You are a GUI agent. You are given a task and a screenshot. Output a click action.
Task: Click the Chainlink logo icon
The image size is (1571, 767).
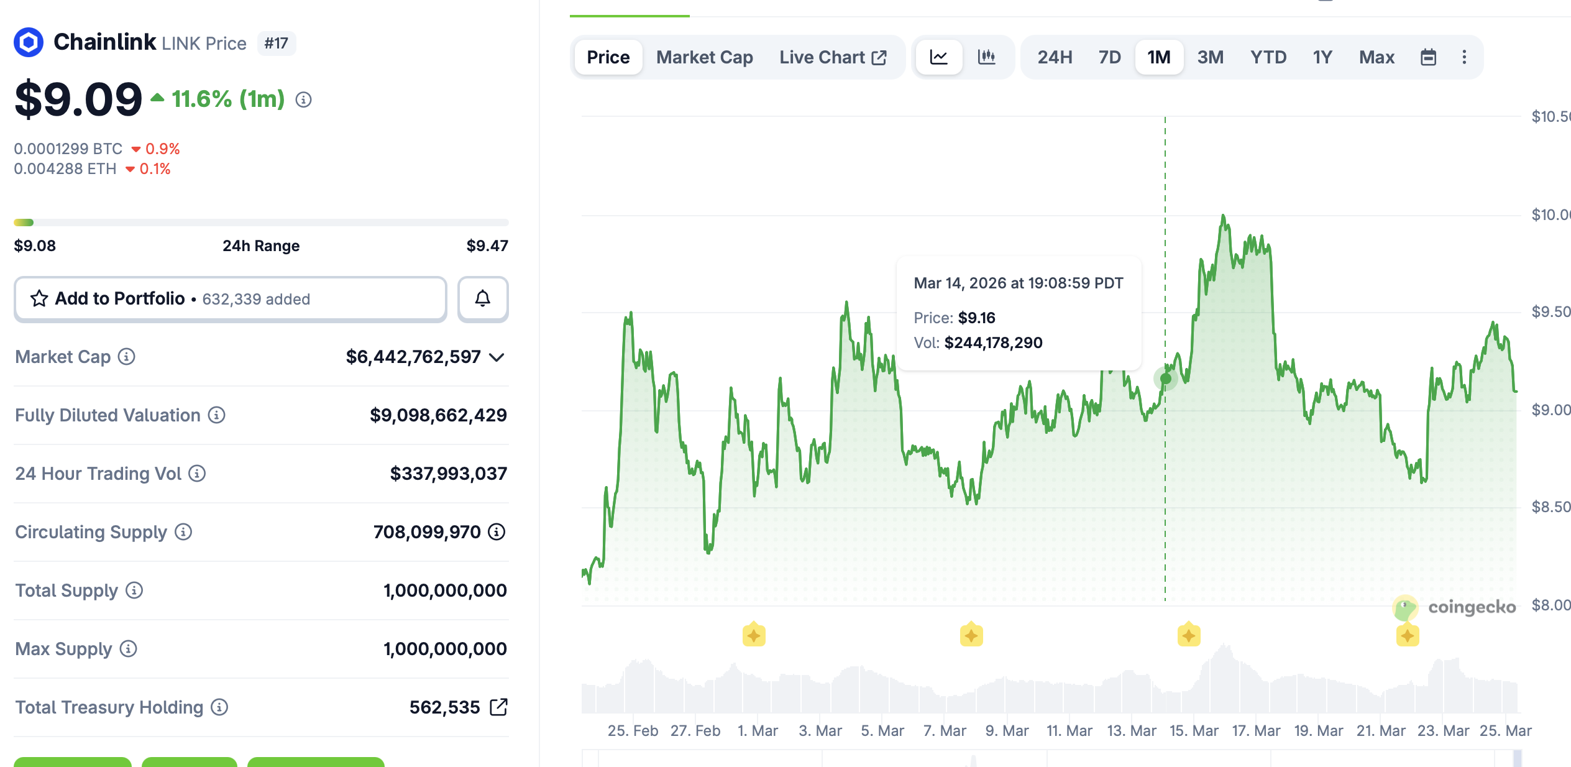pyautogui.click(x=29, y=43)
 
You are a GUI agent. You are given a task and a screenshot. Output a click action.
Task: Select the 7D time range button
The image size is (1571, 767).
pyautogui.click(x=1109, y=57)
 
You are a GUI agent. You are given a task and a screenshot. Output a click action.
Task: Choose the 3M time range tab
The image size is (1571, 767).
pyautogui.click(x=1210, y=57)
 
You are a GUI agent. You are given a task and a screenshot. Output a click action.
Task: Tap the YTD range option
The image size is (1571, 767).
pyautogui.click(x=1268, y=57)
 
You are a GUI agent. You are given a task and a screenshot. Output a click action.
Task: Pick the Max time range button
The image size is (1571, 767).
pyautogui.click(x=1376, y=57)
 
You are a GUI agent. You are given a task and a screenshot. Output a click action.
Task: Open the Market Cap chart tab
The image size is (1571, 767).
pyautogui.click(x=704, y=57)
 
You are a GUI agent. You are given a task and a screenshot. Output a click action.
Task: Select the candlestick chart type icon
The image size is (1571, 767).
pyautogui.click(x=986, y=57)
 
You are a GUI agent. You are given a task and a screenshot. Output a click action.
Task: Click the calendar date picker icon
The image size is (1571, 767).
pyautogui.click(x=1428, y=57)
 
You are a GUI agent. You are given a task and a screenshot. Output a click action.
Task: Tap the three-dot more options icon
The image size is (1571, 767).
pyautogui.click(x=1464, y=57)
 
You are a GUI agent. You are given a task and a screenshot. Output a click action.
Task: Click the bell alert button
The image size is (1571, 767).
pyautogui.click(x=483, y=299)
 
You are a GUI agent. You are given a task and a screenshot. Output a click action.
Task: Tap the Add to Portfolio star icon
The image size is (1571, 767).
pyautogui.click(x=39, y=299)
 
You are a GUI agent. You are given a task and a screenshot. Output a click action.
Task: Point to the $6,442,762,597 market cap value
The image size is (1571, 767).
pyautogui.click(x=413, y=357)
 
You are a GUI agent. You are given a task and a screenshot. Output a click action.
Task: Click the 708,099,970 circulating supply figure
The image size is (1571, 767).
pyautogui.click(x=427, y=532)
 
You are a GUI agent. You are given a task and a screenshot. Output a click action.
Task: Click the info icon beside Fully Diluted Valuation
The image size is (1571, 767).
pyautogui.click(x=216, y=415)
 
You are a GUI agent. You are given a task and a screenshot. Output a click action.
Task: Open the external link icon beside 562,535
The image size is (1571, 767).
pyautogui.click(x=498, y=707)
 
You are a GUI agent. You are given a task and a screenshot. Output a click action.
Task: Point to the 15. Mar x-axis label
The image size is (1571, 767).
pyautogui.click(x=1194, y=731)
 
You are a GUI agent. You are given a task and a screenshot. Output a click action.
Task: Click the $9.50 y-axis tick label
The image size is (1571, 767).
pyautogui.click(x=1550, y=312)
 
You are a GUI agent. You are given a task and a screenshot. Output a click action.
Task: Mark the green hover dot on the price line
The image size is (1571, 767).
pyautogui.click(x=1166, y=379)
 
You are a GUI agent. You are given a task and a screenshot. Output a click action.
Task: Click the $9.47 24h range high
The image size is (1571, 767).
pyautogui.click(x=487, y=246)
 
